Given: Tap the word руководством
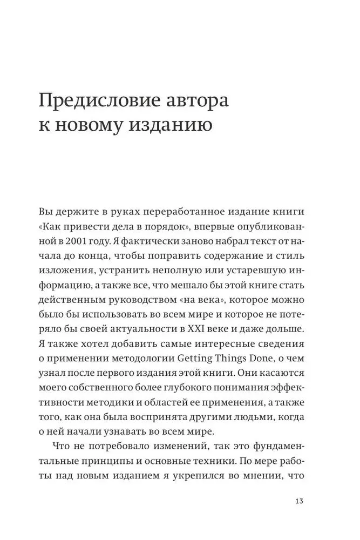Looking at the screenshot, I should [x=141, y=300].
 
